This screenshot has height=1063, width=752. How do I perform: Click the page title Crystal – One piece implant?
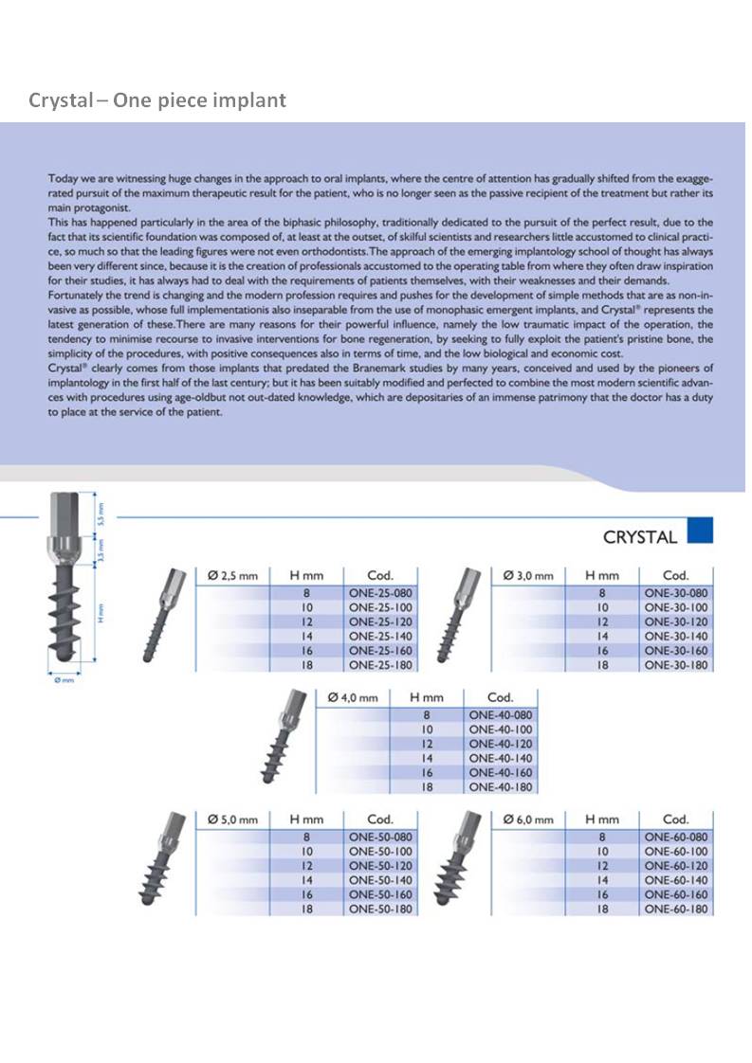point(157,99)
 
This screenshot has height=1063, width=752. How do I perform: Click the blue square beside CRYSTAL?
point(700,531)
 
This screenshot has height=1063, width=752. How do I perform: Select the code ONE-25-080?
point(380,593)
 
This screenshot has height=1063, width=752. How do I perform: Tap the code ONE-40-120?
point(500,745)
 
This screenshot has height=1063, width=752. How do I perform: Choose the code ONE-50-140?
point(380,880)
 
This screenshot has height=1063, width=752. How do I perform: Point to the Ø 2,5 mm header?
point(232,575)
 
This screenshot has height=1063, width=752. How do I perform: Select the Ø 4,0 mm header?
point(353,697)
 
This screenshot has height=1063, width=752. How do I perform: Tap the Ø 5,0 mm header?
point(232,820)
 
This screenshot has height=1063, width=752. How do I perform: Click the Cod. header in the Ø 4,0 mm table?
point(500,697)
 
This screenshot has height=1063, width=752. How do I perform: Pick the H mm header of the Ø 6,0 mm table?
point(602,820)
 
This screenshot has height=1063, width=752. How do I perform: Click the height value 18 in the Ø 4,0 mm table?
point(427,787)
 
